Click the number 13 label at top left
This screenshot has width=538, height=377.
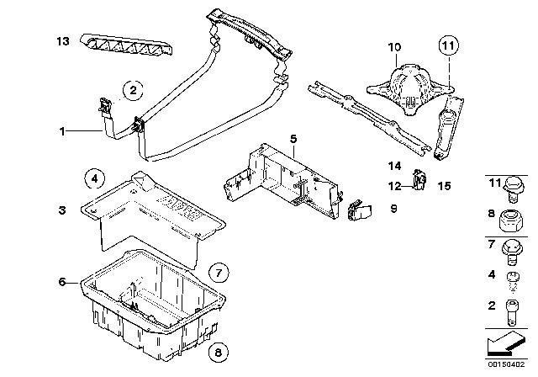point(62,40)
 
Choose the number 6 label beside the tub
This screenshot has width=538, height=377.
point(62,282)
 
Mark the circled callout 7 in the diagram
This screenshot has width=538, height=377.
point(218,272)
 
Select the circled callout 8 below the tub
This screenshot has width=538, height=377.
point(218,353)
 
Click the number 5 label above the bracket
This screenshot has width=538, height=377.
point(293,138)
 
